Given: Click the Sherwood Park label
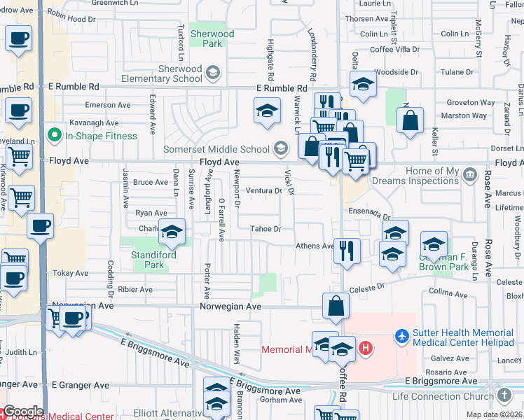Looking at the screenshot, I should (x=212, y=38).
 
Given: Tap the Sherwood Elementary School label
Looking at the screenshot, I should (x=181, y=73).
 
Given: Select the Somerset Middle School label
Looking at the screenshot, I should (x=216, y=148).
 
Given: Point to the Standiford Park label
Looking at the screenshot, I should (x=153, y=260).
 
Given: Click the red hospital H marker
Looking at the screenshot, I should (x=364, y=347).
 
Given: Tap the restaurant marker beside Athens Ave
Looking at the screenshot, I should (x=347, y=250).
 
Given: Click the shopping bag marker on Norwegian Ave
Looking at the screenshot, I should (x=336, y=305).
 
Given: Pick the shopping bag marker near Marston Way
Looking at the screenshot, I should (x=410, y=119).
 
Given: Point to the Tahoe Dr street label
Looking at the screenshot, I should (x=266, y=229).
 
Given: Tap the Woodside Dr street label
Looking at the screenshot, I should (x=396, y=71).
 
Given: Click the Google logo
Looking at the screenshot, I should (x=22, y=412).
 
